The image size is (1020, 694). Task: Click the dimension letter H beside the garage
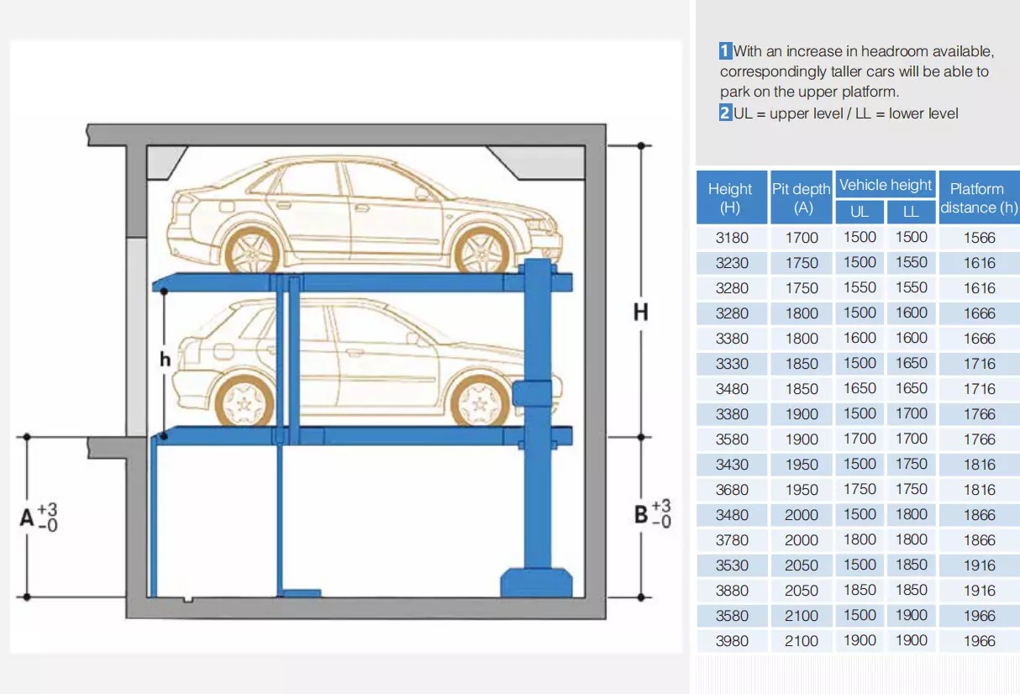(641, 313)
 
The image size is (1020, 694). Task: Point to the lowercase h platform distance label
(165, 360)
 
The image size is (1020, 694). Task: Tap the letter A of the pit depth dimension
(27, 518)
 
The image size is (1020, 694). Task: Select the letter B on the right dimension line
(641, 514)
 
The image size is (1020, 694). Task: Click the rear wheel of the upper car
(252, 252)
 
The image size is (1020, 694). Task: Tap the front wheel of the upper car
(481, 253)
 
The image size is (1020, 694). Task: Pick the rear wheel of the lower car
(245, 402)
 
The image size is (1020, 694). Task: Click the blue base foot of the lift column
(536, 582)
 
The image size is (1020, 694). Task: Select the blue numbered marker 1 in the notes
(725, 51)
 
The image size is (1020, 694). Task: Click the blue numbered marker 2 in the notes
(725, 113)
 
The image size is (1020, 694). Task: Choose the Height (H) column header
(731, 197)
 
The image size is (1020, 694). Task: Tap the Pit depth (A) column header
(802, 197)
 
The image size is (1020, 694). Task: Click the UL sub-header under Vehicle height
(860, 212)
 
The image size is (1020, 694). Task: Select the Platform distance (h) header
(979, 197)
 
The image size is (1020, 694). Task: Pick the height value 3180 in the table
(732, 238)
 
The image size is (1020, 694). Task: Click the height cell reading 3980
(732, 641)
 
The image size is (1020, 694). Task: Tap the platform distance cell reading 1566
(980, 238)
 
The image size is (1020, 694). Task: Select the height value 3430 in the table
(732, 465)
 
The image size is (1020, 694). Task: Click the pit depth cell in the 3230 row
(802, 263)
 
